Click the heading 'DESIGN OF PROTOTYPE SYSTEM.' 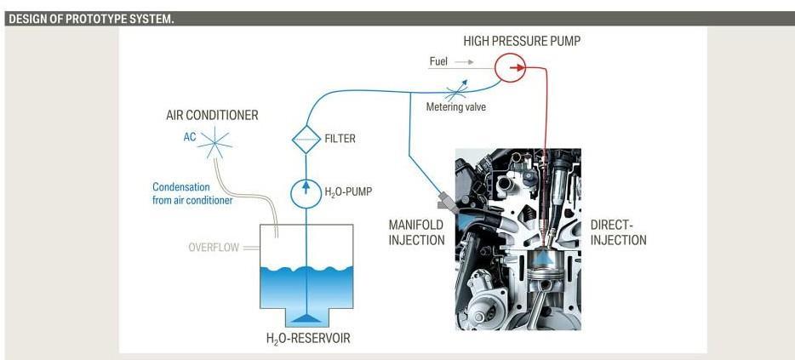[x=91, y=19]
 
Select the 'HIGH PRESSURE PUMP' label [x=522, y=41]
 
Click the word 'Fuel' [x=438, y=62]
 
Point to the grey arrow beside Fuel [x=464, y=62]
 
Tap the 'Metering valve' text [x=456, y=107]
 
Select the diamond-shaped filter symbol [x=304, y=138]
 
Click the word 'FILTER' [x=340, y=139]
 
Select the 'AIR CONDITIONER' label [x=212, y=115]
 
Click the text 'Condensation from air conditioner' [x=192, y=194]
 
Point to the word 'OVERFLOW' [x=214, y=249]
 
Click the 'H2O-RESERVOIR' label [x=308, y=339]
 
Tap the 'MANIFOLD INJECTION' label [x=416, y=233]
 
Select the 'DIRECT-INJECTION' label [x=618, y=233]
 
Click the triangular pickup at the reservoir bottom [x=305, y=317]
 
